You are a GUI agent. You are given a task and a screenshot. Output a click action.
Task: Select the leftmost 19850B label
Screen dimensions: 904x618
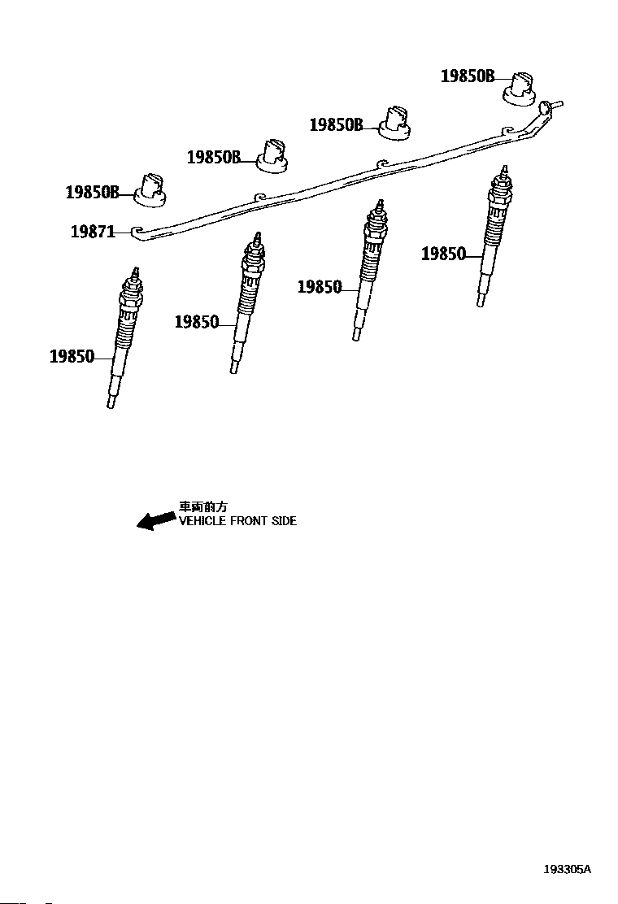pos(92,193)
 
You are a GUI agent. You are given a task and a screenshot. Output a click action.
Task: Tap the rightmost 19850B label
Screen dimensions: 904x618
pos(468,76)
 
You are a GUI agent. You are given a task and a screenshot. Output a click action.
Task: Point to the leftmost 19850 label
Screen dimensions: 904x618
pos(72,356)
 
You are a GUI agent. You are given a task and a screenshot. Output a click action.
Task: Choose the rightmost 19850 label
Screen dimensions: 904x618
pos(443,254)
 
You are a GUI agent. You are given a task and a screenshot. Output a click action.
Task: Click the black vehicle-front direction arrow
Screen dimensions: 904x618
pos(156,520)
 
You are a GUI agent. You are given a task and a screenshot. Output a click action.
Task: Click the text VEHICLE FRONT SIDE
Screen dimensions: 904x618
pos(237,521)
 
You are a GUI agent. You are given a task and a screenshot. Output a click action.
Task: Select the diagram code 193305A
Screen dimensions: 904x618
pos(568,869)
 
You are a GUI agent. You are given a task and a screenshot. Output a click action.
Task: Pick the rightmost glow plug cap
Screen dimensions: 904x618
pos(518,87)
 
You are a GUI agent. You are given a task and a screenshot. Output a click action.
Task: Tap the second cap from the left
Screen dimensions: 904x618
pos(272,155)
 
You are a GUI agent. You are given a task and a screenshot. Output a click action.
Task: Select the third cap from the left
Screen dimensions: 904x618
pos(396,121)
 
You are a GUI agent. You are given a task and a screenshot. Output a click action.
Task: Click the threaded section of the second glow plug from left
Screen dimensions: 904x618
pos(246,296)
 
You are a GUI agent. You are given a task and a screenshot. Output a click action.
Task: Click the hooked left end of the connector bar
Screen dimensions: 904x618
pos(137,232)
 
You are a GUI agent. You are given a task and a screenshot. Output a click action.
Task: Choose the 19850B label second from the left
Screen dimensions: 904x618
pos(214,158)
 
